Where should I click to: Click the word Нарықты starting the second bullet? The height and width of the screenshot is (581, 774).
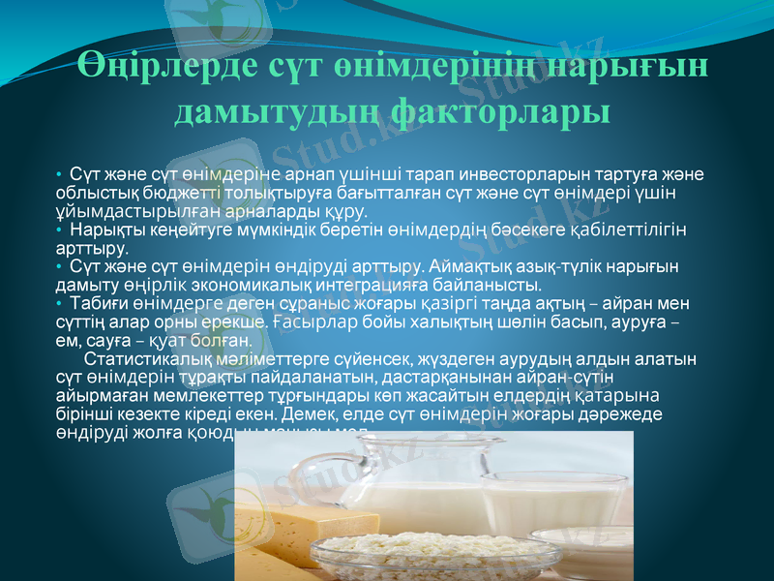pyautogui.click(x=101, y=230)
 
